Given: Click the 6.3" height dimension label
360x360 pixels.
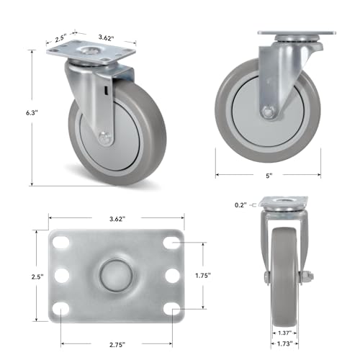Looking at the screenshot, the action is click(32, 113).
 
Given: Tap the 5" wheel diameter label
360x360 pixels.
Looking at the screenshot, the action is click(269, 176).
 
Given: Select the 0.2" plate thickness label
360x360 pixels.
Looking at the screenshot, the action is click(240, 205).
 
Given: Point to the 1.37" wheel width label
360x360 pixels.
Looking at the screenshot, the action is click(284, 333).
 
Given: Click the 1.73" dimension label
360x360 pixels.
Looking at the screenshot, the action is click(284, 344).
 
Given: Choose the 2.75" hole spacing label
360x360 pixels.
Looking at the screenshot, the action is click(117, 345).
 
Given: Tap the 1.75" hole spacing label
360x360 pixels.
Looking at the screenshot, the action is click(203, 276).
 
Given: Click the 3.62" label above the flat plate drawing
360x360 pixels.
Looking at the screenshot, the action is click(117, 219).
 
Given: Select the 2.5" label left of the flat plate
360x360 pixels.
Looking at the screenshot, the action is click(37, 276).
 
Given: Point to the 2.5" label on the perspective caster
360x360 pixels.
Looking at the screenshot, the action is click(60, 38).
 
